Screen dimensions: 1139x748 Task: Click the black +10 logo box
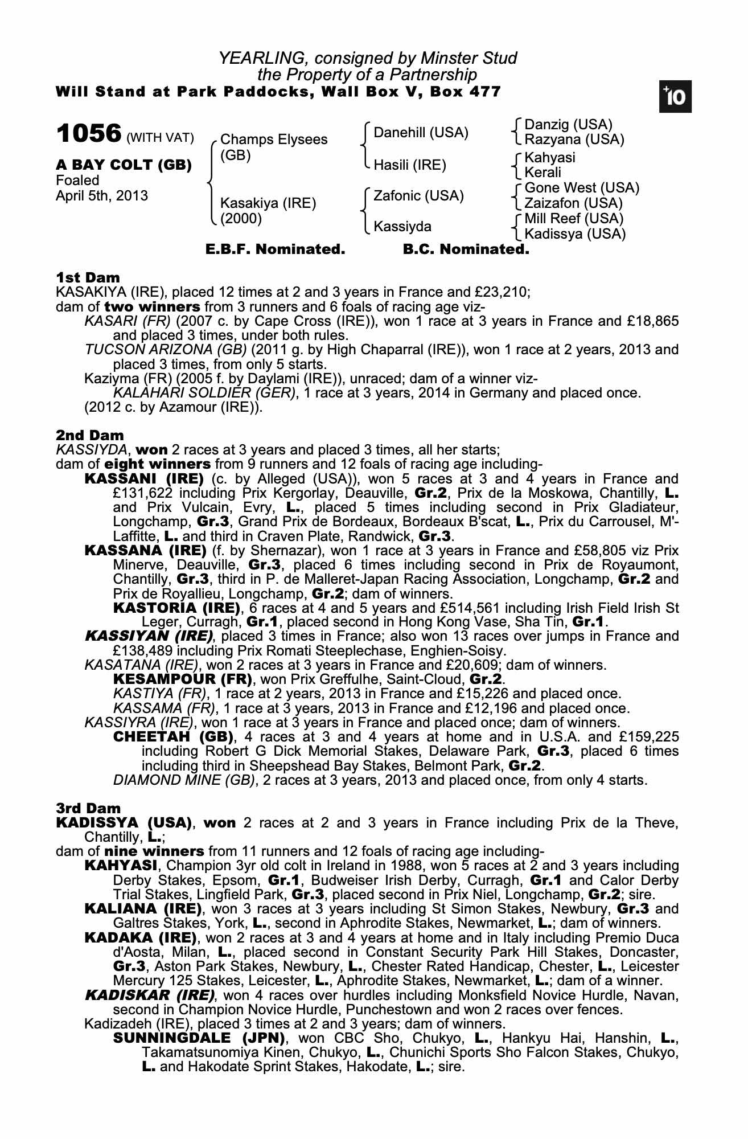point(676,97)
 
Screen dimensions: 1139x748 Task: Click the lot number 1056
point(89,134)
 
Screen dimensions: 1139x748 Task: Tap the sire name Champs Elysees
point(274,140)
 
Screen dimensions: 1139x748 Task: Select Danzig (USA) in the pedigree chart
point(568,125)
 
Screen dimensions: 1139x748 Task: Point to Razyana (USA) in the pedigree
point(574,139)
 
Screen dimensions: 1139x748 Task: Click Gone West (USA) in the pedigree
point(582,188)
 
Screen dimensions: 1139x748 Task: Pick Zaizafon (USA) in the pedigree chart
point(573,203)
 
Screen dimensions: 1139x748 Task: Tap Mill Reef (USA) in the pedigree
point(574,219)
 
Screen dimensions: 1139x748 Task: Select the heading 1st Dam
point(88,278)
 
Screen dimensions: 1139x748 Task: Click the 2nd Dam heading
point(89,436)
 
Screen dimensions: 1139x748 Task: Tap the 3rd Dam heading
point(88,808)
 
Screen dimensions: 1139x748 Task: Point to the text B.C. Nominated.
point(466,249)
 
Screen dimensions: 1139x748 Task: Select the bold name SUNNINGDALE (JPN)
point(199,1038)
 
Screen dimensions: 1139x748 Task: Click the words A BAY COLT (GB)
point(124,165)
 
